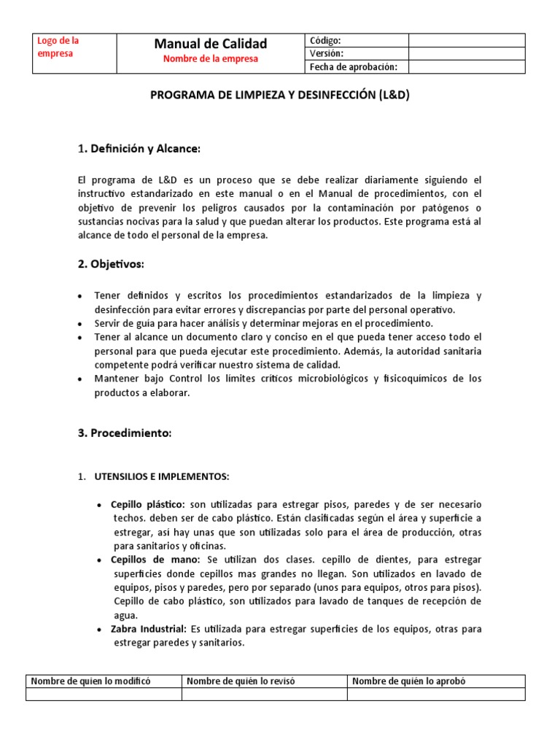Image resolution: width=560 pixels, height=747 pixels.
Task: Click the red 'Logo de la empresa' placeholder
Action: (x=58, y=47)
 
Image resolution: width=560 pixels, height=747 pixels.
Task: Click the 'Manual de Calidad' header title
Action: (x=210, y=44)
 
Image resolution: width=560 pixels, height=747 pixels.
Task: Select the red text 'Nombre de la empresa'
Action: (x=210, y=59)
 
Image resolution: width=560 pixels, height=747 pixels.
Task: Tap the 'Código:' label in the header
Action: (x=325, y=41)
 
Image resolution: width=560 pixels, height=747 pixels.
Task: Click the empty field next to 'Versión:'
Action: (x=466, y=54)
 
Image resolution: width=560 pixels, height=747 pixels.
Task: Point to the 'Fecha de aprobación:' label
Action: (x=354, y=67)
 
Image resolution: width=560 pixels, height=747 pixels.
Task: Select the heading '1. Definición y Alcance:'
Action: (x=139, y=149)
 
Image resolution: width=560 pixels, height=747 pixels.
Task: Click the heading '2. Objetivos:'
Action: (x=111, y=263)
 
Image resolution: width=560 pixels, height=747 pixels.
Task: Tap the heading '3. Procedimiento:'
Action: (x=124, y=433)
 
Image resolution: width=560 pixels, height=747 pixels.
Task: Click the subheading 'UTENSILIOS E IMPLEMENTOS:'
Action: (x=162, y=477)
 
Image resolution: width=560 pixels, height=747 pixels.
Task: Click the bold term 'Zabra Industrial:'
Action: (x=149, y=629)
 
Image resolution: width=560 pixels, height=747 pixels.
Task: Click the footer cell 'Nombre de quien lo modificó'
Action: (x=90, y=681)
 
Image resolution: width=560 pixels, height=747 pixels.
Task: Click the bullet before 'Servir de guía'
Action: (x=79, y=323)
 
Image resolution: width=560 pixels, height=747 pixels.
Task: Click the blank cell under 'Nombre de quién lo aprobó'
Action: (x=435, y=694)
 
